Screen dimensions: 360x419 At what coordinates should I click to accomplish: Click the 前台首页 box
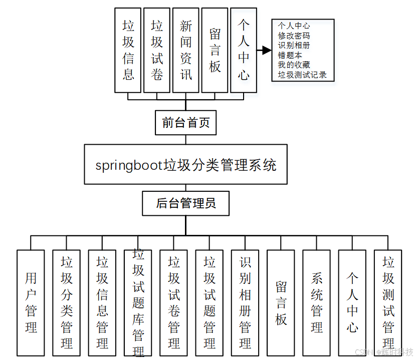[185, 123]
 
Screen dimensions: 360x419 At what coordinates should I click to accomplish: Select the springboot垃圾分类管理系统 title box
[185, 165]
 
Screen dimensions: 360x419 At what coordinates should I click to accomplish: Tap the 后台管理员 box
[185, 203]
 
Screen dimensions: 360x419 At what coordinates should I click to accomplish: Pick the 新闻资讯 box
[185, 50]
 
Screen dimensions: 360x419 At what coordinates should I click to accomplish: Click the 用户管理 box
[31, 302]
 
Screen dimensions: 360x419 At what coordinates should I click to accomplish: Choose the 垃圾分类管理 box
[67, 302]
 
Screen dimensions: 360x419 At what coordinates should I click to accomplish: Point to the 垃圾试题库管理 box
[138, 302]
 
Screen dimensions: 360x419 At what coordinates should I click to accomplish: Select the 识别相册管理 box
[245, 302]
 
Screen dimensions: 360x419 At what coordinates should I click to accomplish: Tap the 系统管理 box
[316, 302]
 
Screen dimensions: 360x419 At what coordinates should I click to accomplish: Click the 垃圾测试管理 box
[388, 302]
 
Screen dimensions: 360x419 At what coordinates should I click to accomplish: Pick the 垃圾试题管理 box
[209, 302]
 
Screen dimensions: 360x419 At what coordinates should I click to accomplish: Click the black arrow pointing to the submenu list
[264, 51]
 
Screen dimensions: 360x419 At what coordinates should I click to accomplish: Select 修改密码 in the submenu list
[294, 36]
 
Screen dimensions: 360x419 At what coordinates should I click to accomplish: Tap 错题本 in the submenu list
[290, 55]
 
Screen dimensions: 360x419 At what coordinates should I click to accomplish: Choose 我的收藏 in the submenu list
[294, 65]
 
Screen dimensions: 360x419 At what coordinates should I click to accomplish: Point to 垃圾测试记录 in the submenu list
[302, 75]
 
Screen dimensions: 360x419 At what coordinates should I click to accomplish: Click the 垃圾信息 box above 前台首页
[128, 50]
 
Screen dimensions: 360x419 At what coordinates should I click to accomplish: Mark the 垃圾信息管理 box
[102, 302]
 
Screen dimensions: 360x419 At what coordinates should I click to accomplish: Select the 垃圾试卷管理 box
[173, 302]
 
